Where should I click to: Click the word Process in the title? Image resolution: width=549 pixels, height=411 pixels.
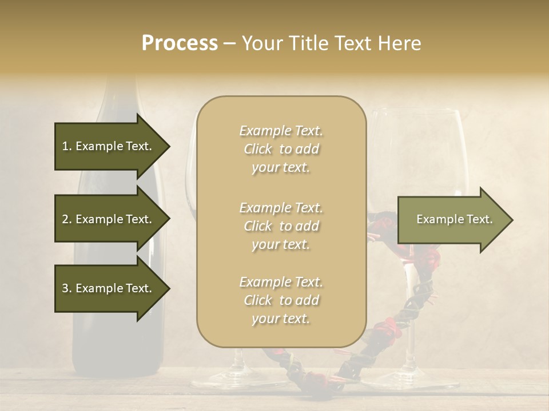pos(180,43)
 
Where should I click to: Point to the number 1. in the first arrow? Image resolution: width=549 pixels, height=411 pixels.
pos(67,147)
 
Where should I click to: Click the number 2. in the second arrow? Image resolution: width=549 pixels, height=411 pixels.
pos(67,220)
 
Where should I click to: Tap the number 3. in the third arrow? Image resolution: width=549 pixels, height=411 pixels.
pos(67,289)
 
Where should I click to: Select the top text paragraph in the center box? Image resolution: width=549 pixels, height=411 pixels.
pos(281,149)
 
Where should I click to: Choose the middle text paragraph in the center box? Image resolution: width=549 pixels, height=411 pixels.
pos(281,226)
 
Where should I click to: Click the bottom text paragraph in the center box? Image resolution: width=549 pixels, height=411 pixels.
pos(281,300)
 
